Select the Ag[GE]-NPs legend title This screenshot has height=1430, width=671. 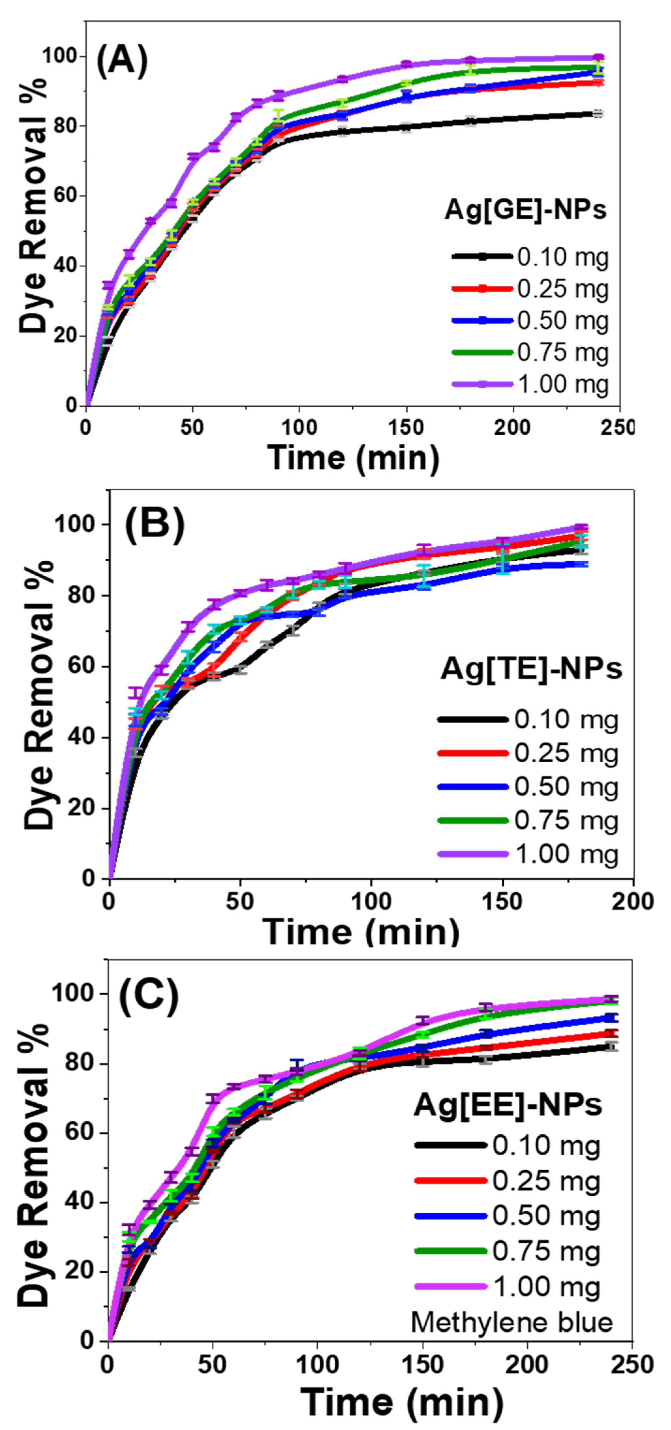click(x=525, y=210)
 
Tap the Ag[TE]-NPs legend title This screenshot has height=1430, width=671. click(x=531, y=669)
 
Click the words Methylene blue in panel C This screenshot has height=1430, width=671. click(x=511, y=1322)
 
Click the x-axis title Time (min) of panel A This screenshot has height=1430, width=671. click(x=354, y=458)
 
